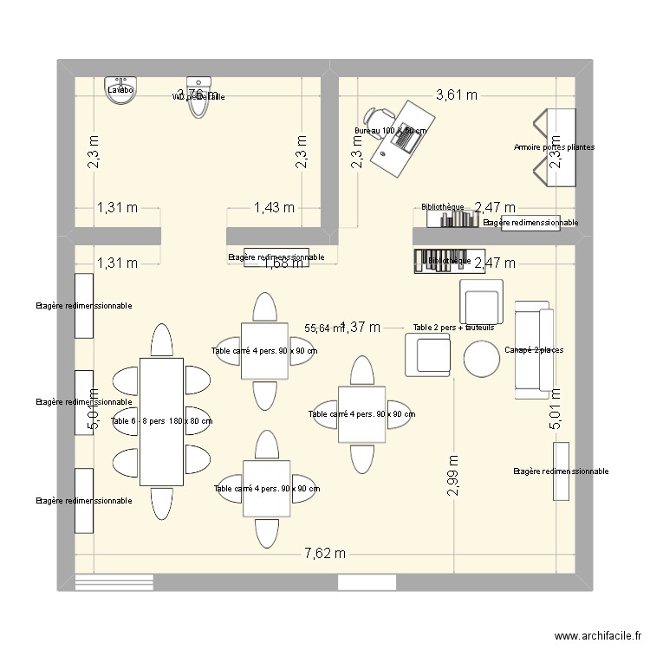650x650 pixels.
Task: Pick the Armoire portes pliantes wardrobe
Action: click(x=560, y=147)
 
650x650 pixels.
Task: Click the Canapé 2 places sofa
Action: click(x=533, y=350)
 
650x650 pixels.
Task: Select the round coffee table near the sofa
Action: click(x=482, y=357)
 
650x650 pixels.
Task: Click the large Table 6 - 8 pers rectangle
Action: click(x=161, y=420)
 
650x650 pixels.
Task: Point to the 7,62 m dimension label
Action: click(x=324, y=553)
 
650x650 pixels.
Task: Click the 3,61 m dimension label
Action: click(x=456, y=95)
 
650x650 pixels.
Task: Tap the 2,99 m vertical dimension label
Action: click(x=452, y=476)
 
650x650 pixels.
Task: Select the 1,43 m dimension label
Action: click(x=274, y=208)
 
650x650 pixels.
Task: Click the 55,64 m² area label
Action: click(x=322, y=328)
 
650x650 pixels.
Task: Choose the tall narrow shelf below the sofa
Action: click(x=561, y=471)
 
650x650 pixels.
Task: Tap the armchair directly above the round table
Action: click(x=481, y=302)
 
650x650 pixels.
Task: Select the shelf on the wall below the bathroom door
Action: click(x=276, y=257)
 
